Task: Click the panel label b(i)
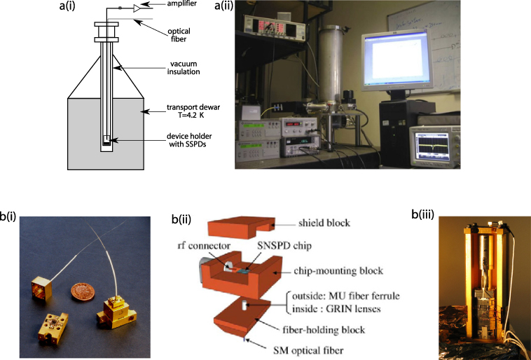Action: pos(8,217)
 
